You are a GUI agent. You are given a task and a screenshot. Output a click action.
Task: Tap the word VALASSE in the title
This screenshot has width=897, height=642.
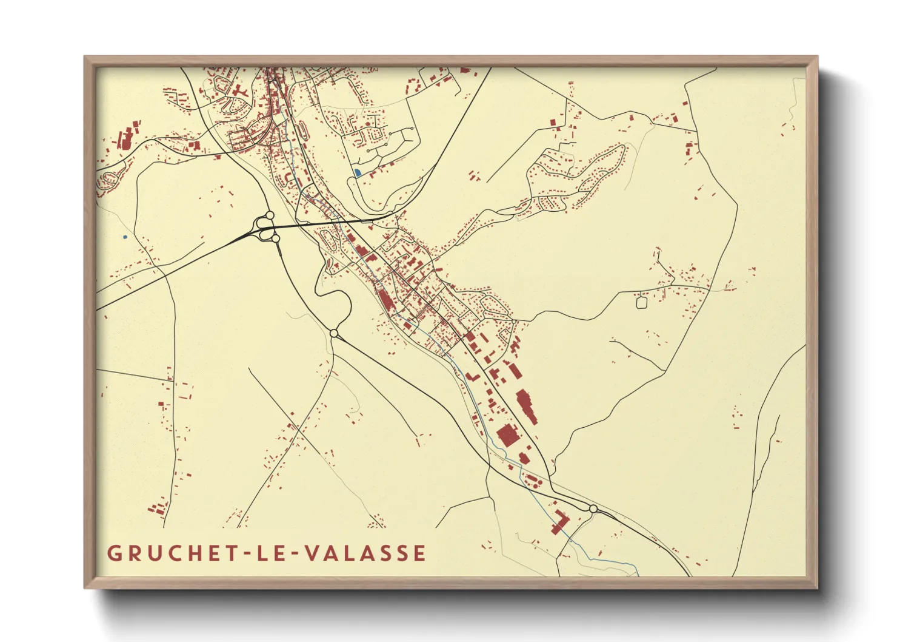[x=365, y=553]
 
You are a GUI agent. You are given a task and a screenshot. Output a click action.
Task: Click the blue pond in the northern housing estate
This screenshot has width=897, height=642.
[x=358, y=173]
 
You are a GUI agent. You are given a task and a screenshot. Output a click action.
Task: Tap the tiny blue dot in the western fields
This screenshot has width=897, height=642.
[x=125, y=237]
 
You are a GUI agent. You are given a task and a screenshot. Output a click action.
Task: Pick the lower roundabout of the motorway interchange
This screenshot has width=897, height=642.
[x=276, y=238]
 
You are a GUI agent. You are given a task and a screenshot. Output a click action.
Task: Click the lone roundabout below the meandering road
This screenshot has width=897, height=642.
[x=333, y=333]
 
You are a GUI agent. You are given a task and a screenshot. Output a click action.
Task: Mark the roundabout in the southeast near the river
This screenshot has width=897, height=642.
[x=593, y=509]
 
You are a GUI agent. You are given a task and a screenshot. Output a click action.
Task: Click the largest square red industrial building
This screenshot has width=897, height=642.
[x=507, y=436]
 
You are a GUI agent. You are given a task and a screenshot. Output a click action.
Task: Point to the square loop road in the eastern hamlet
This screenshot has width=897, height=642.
[x=641, y=300]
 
